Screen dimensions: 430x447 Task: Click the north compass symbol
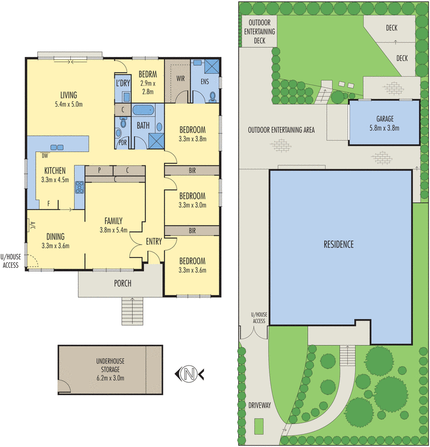(189, 373)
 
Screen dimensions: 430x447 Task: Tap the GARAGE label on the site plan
(385, 118)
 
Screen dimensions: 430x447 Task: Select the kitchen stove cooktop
(79, 187)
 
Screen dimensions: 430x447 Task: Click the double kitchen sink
(57, 147)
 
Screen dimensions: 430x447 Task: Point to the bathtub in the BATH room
(143, 110)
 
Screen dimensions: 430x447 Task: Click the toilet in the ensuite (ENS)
(212, 97)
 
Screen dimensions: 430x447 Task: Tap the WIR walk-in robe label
(181, 78)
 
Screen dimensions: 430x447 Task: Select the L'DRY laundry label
(123, 83)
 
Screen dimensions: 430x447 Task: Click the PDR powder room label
(123, 142)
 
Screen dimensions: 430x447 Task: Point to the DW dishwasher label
(45, 156)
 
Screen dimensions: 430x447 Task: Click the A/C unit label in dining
(32, 226)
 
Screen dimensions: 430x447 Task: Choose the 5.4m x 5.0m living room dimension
(69, 104)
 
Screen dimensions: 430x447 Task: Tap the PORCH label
(123, 283)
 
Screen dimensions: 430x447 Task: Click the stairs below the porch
(132, 311)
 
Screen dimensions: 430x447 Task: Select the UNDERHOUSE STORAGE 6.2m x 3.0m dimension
(110, 378)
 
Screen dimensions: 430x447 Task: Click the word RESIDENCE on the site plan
(339, 244)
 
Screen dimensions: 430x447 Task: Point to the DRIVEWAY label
(259, 405)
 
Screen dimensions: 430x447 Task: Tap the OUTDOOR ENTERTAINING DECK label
(259, 31)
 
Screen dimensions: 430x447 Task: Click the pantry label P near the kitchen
(99, 170)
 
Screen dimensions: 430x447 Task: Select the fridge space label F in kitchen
(49, 203)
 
